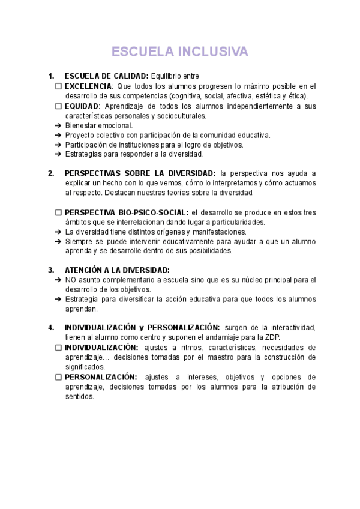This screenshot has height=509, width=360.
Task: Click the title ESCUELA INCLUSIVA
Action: (x=179, y=52)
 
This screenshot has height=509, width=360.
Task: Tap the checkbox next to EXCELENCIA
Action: (x=58, y=86)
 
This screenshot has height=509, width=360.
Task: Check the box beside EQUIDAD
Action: (x=58, y=106)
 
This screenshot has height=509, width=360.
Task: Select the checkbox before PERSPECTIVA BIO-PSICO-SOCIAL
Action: (x=58, y=212)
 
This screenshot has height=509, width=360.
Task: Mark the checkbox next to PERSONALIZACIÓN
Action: (x=58, y=377)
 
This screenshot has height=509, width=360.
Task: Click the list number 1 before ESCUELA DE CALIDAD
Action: (x=51, y=76)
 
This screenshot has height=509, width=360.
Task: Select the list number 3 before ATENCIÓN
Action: (x=51, y=270)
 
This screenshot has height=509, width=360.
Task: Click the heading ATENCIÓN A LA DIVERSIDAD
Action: (x=117, y=270)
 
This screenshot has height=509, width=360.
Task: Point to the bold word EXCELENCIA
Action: (x=88, y=86)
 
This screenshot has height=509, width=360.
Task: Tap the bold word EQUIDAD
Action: (x=82, y=106)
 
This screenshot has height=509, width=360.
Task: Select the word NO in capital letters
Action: (x=71, y=280)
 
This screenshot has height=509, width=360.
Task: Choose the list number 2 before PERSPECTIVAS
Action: (x=51, y=173)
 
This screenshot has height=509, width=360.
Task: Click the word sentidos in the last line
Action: (x=79, y=396)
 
